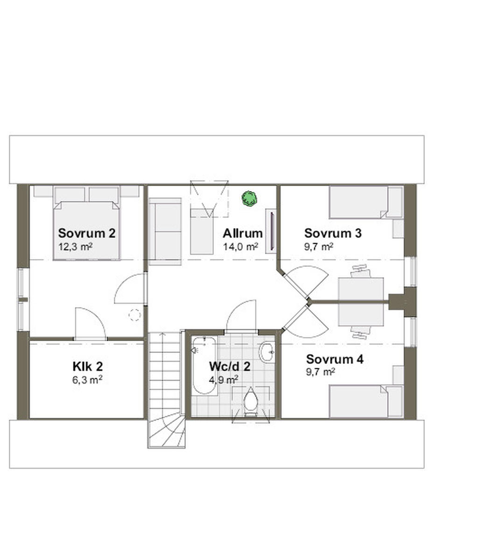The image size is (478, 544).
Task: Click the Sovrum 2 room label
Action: tap(86, 233)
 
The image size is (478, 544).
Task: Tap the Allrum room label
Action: tap(242, 233)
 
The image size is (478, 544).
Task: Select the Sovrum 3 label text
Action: tap(332, 233)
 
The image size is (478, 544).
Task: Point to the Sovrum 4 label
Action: tap(334, 359)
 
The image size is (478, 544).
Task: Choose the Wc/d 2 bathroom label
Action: tap(229, 366)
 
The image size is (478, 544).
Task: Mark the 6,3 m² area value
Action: tap(87, 379)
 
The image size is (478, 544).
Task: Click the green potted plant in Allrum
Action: tap(250, 198)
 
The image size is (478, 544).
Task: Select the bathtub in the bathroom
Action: tap(204, 365)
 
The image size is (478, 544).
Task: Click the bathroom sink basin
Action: tap(267, 352)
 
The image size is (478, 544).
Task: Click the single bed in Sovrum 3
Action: tap(359, 202)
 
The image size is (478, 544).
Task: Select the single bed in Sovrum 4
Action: tap(359, 401)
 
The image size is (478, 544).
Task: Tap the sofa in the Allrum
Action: tap(165, 231)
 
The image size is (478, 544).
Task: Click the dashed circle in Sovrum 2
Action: tap(135, 315)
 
